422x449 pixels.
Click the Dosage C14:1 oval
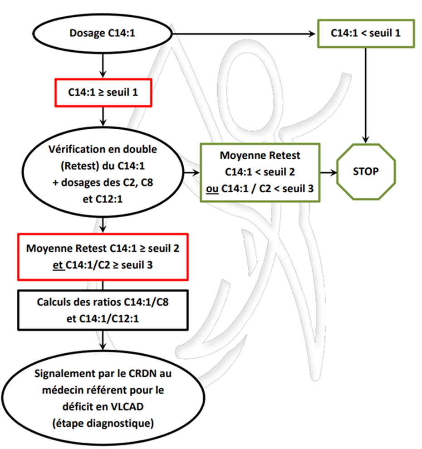[x=102, y=34]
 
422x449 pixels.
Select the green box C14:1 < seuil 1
[x=365, y=33]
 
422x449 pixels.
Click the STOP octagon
[x=365, y=173]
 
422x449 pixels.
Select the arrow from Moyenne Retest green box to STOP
[x=328, y=173]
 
